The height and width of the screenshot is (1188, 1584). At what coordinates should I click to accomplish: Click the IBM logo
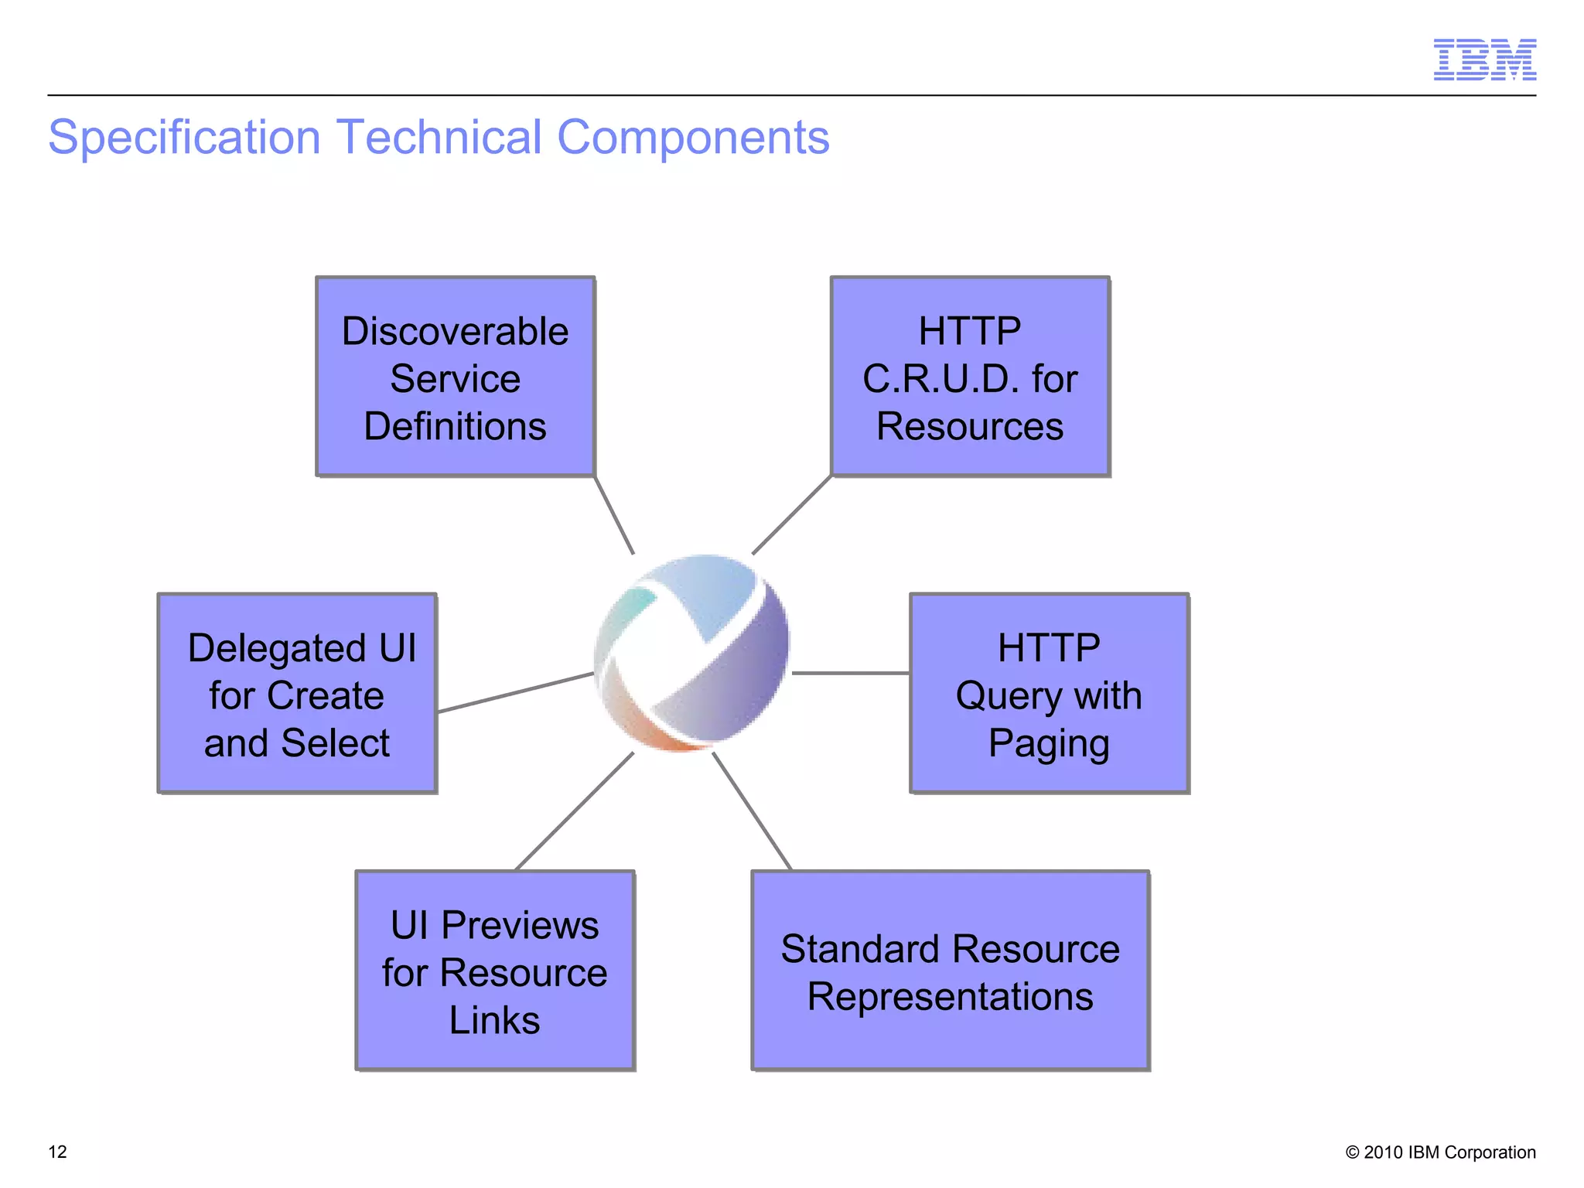tap(1484, 60)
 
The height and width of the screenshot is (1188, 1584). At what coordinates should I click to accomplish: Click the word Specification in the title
tap(184, 138)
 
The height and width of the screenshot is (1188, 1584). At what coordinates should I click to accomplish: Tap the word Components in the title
tap(692, 138)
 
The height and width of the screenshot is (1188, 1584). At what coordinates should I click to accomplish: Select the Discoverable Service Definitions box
tap(456, 377)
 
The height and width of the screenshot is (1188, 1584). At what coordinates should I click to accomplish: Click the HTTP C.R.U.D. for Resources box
tap(970, 377)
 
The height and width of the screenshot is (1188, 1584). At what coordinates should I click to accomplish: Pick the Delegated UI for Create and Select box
tap(298, 694)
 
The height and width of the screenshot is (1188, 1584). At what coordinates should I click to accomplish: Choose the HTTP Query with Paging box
tap(1049, 694)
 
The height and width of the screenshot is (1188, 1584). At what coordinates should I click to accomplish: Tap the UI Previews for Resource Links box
tap(495, 971)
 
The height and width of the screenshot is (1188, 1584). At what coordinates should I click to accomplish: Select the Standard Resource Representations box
tap(950, 971)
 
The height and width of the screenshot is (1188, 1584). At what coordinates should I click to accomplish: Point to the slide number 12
tap(58, 1152)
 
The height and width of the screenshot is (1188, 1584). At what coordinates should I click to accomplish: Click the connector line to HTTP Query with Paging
tap(851, 673)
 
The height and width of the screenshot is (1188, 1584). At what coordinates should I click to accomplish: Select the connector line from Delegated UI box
tap(515, 692)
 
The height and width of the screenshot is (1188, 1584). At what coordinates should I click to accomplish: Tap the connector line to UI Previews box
tap(574, 811)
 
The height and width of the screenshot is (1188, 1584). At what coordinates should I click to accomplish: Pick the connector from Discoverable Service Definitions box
tap(614, 515)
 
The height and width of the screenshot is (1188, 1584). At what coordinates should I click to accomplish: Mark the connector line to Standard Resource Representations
tap(752, 811)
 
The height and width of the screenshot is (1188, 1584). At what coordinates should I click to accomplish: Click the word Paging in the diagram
tap(1049, 743)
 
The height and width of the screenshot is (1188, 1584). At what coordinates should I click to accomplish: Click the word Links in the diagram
tap(495, 1020)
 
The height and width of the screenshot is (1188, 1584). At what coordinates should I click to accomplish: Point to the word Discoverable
tap(456, 331)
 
